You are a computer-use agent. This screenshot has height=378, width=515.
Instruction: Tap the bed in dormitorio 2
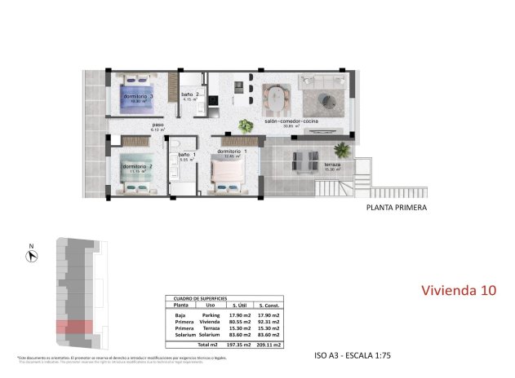135,170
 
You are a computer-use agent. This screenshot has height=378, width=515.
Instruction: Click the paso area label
158,126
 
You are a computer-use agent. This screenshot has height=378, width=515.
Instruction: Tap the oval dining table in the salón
277,101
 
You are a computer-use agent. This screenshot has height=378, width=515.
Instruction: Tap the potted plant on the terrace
340,149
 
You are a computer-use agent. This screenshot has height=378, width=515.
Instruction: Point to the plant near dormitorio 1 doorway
245,125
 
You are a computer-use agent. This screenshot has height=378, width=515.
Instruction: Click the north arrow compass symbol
31,254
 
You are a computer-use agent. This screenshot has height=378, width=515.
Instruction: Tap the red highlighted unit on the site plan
73,327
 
